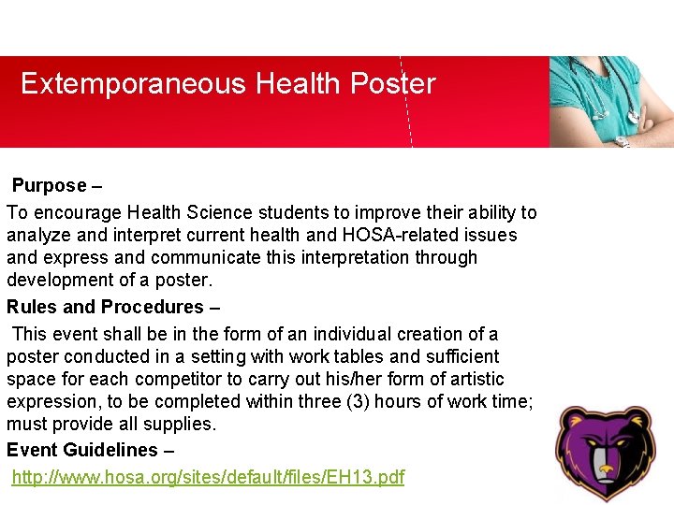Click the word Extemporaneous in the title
click(x=133, y=84)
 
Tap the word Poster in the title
click(x=393, y=84)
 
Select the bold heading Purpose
click(x=49, y=186)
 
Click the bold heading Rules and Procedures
click(x=105, y=307)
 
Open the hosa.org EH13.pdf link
click(x=208, y=477)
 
